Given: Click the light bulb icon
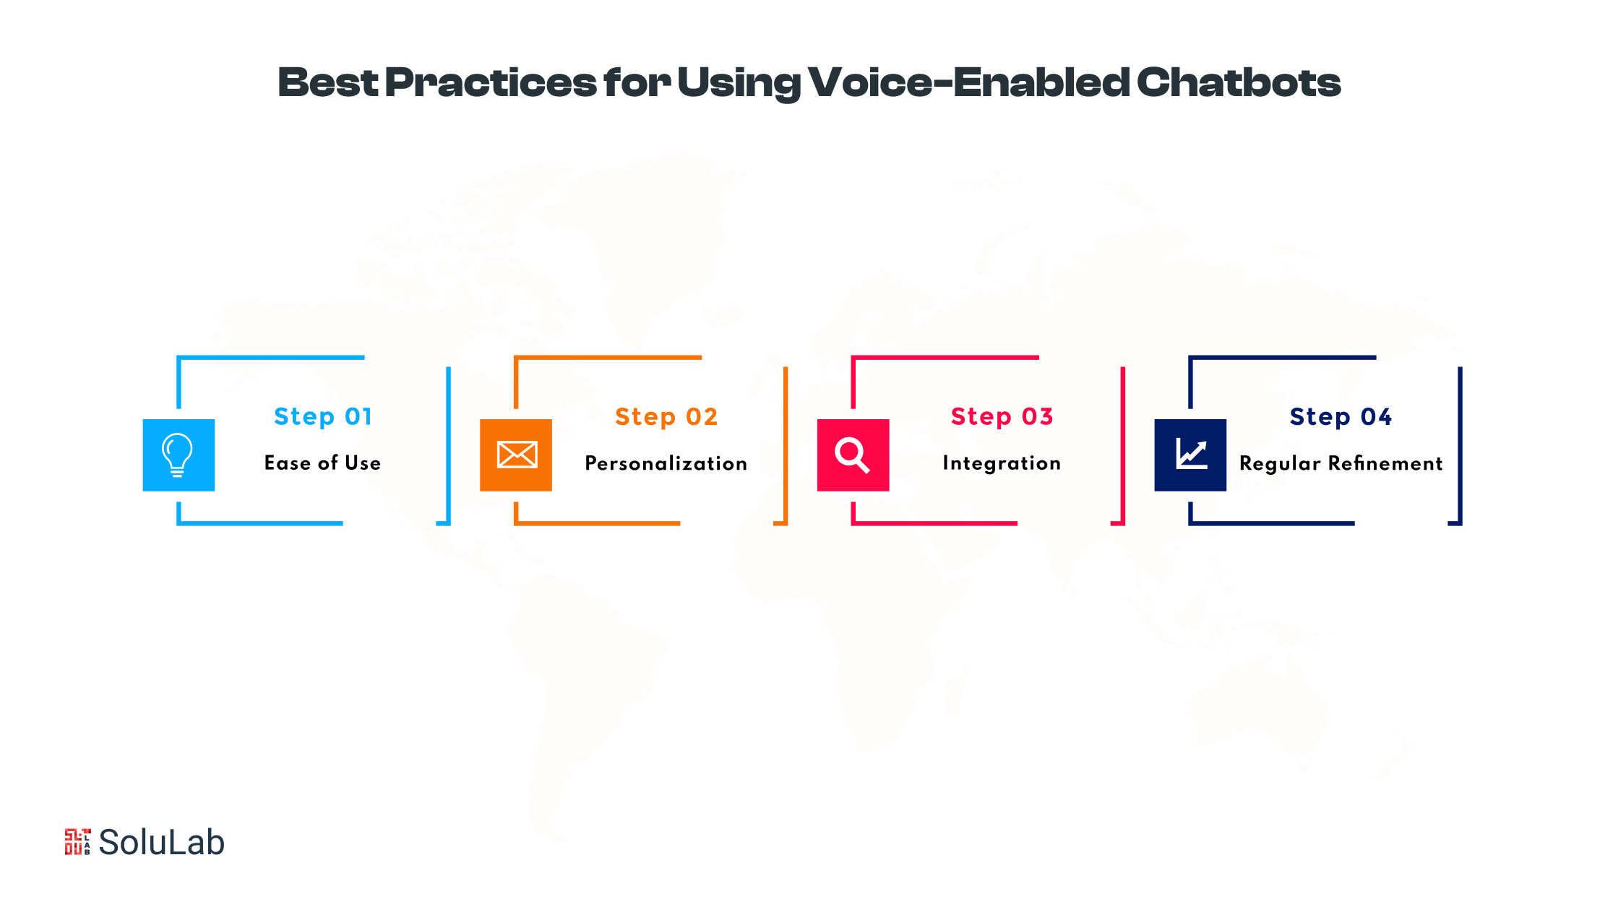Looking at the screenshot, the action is pyautogui.click(x=178, y=455).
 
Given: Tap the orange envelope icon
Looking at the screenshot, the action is pyautogui.click(x=517, y=455).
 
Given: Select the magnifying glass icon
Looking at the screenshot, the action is pyautogui.click(x=853, y=455).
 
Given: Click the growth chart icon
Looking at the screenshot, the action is pyautogui.click(x=1191, y=455).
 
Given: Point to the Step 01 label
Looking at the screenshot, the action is pyautogui.click(x=323, y=417).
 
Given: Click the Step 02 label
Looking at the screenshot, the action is pyautogui.click(x=666, y=417).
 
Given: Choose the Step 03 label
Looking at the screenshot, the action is pyautogui.click(x=1002, y=417).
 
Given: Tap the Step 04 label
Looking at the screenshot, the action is pyautogui.click(x=1341, y=417).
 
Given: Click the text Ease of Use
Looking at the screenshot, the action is pyautogui.click(x=322, y=463).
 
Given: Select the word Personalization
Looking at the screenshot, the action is pyautogui.click(x=666, y=463).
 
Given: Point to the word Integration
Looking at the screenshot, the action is pyautogui.click(x=1002, y=463).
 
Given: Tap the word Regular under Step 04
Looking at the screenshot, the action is pyautogui.click(x=1280, y=464).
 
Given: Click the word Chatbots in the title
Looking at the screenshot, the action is pyautogui.click(x=1239, y=82).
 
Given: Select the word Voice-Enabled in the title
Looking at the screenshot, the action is pyautogui.click(x=968, y=82).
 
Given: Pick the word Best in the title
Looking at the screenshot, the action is pyautogui.click(x=328, y=82).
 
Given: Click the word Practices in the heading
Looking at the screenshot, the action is pyautogui.click(x=491, y=82).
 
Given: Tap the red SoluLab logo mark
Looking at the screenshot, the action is pyautogui.click(x=77, y=842).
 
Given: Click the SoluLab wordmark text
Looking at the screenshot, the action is pyautogui.click(x=162, y=843).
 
